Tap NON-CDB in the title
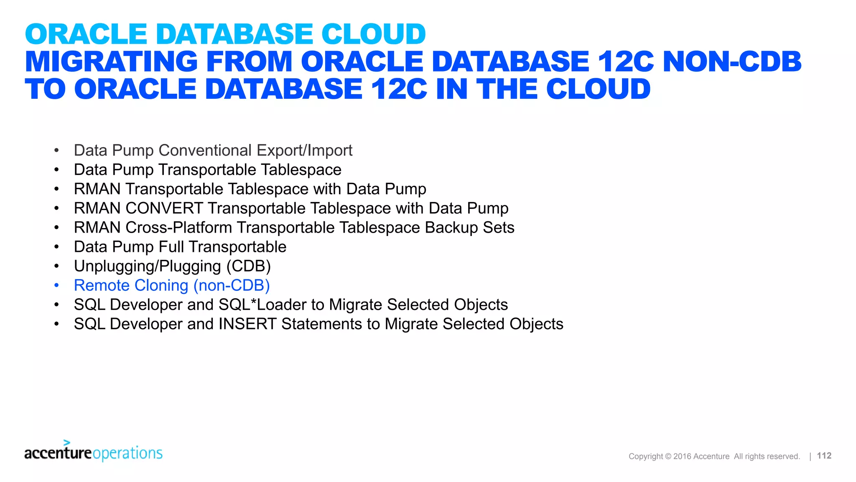(x=732, y=62)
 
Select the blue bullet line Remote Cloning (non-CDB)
(x=172, y=285)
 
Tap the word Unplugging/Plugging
(x=148, y=266)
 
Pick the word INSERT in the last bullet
(x=247, y=324)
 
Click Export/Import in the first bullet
(x=304, y=151)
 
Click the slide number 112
(x=824, y=456)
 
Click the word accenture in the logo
(x=58, y=453)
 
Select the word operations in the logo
(x=127, y=453)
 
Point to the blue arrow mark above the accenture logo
(x=66, y=442)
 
